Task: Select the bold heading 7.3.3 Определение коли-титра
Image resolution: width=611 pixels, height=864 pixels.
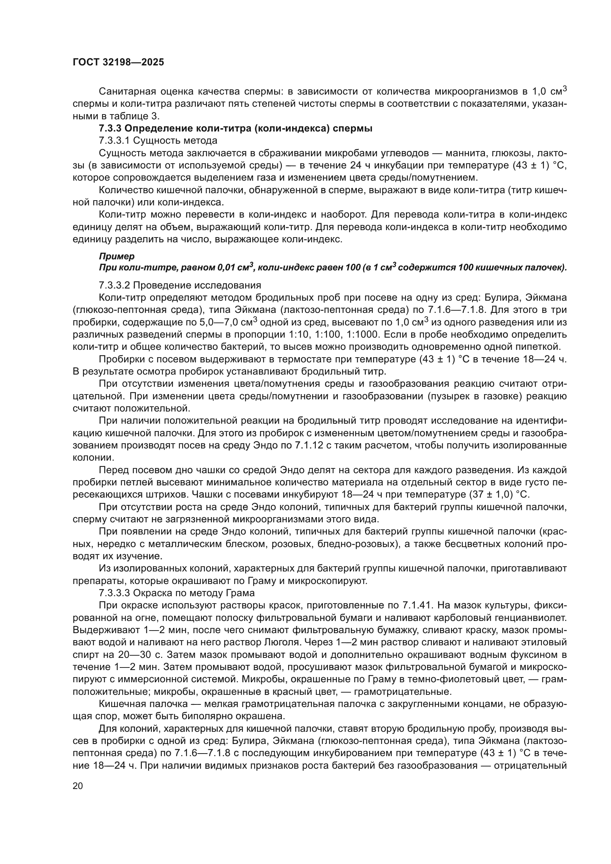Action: pyautogui.click(x=236, y=128)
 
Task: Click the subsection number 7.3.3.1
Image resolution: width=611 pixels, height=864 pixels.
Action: pyautogui.click(x=114, y=141)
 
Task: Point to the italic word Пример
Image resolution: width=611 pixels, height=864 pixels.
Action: pyautogui.click(x=117, y=257)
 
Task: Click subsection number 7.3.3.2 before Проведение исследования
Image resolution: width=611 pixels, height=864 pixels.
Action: pyautogui.click(x=114, y=285)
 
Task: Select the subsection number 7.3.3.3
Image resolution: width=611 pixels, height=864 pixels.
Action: pyautogui.click(x=114, y=593)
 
